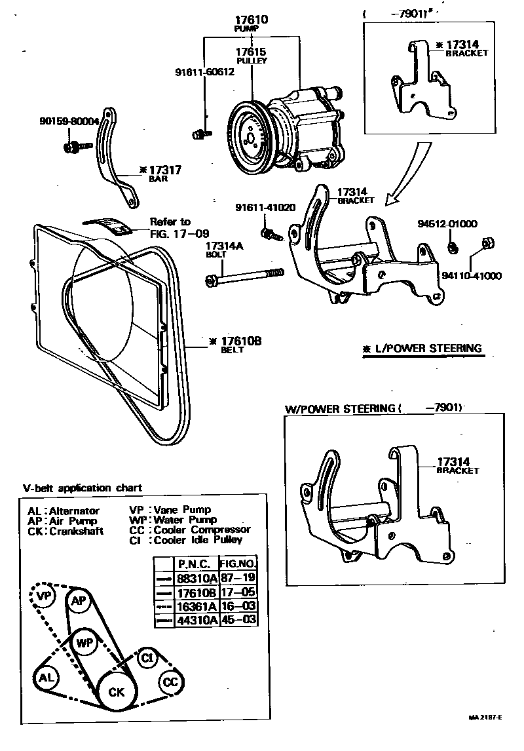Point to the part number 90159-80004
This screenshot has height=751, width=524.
point(69,121)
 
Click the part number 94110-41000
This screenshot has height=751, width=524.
point(471,276)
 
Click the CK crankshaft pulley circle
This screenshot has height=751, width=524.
point(116,692)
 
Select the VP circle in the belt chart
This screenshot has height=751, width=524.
point(44,596)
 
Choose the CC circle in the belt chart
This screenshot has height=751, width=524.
point(170,682)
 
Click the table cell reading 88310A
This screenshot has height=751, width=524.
point(195,578)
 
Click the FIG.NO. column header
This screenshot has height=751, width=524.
point(237,564)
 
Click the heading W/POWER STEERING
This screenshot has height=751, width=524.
point(340,408)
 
